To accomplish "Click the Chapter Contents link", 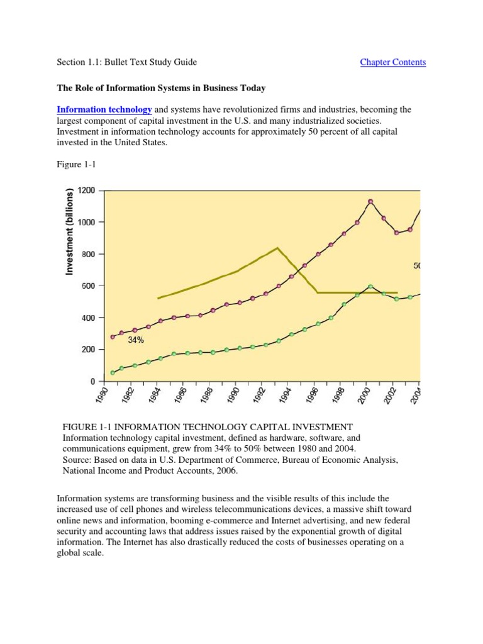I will click(392, 62).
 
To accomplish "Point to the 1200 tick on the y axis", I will click(87, 191).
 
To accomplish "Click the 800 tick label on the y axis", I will click(87, 254).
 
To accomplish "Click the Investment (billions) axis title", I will click(70, 231).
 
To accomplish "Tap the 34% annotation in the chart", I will click(136, 340).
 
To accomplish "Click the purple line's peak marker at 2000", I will click(370, 202).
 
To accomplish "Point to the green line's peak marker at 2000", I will click(370, 287).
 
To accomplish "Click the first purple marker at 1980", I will click(113, 337).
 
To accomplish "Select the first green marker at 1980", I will click(113, 373).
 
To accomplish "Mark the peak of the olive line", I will click(277, 248).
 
